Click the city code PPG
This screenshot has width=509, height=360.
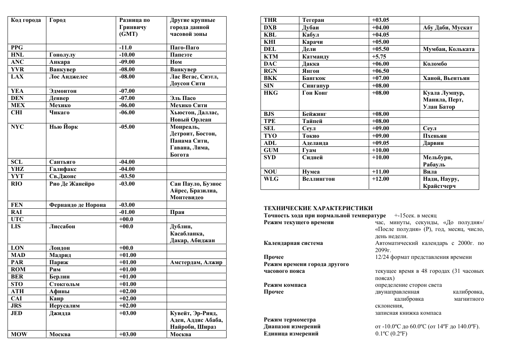pos(17,48)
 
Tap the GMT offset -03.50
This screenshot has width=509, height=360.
pos(127,176)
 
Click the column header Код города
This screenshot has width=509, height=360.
pos(26,20)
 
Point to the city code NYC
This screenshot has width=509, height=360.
pos(17,127)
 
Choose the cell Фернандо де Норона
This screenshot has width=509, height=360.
pos(78,205)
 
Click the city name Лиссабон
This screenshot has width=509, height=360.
pos(62,226)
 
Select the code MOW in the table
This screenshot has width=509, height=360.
pos(19,334)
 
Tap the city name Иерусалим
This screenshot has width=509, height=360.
pos(64,306)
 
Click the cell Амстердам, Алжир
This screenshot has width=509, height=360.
pos(196,262)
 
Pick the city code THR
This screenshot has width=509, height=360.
pos(270,20)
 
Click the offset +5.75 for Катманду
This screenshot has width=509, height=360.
pos(379,57)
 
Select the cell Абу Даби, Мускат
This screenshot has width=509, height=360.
pos(448,28)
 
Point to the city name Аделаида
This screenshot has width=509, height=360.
pos(315,143)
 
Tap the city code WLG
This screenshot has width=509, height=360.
pos(271,179)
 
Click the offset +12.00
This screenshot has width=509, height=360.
pos(380,179)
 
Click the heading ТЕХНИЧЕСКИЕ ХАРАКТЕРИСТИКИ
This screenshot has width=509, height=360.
pos(318,208)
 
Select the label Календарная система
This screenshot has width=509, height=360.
pos(293,243)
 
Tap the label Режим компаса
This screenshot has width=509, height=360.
pos(285,285)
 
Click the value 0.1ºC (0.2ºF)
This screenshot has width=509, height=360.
pos(391,334)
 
